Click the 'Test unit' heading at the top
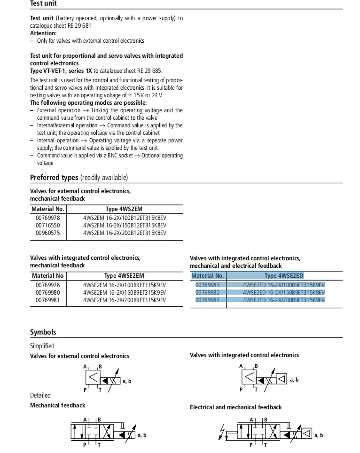[43, 3]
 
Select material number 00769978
[48, 218]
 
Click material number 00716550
[48, 225]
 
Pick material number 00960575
[48, 233]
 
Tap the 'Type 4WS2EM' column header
[124, 209]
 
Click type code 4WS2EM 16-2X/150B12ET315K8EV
[125, 225]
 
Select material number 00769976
[48, 285]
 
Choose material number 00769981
[48, 300]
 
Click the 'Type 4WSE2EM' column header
[124, 276]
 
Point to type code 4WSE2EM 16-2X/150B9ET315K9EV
[125, 292]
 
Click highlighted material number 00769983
[208, 285]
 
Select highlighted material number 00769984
[208, 300]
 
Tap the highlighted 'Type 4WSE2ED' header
[284, 276]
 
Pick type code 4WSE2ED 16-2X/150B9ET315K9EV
[284, 292]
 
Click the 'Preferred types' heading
[54, 178]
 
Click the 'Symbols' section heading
[43, 332]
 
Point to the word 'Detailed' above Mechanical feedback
[40, 395]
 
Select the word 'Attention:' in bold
[43, 33]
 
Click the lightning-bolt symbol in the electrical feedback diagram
[222, 432]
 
